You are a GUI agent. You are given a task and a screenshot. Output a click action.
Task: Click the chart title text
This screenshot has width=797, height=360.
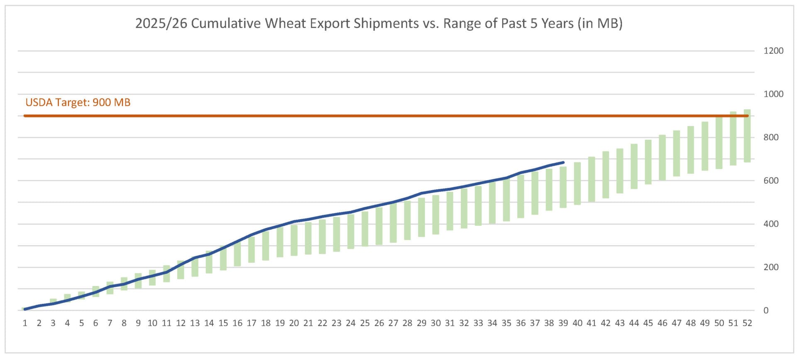(x=379, y=23)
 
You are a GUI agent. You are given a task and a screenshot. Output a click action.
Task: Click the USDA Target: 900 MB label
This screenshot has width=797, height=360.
(x=78, y=102)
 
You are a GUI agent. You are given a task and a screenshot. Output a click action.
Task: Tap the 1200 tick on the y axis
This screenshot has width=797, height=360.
(x=773, y=51)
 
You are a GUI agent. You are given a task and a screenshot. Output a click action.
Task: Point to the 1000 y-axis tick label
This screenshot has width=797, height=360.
(x=773, y=94)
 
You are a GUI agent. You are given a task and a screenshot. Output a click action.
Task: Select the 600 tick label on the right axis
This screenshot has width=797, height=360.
(x=771, y=181)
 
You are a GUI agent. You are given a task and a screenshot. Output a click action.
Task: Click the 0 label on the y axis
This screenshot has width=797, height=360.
(x=766, y=310)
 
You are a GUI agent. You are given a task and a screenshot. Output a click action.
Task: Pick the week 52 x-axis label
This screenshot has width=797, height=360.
(x=747, y=323)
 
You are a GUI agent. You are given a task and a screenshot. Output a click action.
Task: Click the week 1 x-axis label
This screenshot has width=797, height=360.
(x=25, y=323)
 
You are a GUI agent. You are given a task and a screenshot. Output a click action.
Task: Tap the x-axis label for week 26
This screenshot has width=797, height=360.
(x=379, y=323)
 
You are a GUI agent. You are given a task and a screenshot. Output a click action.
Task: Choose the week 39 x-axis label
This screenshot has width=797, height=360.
(x=563, y=323)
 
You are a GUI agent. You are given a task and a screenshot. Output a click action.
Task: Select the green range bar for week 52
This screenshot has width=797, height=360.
(x=747, y=135)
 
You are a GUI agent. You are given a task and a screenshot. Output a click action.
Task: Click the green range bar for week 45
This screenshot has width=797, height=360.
(x=648, y=162)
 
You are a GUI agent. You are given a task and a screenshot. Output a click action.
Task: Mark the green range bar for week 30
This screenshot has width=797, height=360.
(x=435, y=215)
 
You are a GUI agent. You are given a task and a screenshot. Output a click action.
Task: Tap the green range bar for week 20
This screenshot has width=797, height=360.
(x=294, y=240)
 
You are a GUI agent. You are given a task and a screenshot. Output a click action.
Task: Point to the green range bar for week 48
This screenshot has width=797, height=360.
(x=691, y=149)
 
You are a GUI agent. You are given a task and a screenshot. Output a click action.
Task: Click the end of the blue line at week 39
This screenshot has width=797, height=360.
(x=563, y=162)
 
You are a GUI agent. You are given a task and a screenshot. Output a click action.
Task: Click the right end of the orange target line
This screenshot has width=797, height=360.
(x=748, y=116)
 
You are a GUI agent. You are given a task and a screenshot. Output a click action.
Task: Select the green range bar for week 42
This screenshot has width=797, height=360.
(x=606, y=174)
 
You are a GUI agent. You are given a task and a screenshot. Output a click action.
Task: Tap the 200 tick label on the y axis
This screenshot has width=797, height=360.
(x=771, y=267)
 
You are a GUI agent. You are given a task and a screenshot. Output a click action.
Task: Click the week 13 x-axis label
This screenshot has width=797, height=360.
(x=195, y=323)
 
